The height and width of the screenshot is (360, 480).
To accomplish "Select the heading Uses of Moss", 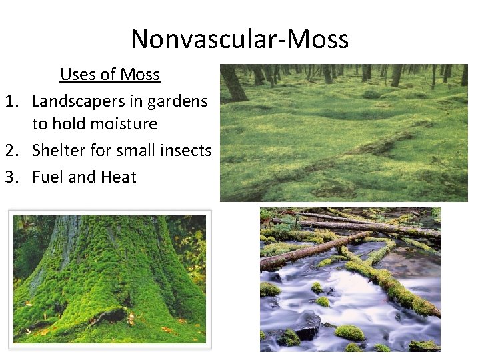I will pos(110,74).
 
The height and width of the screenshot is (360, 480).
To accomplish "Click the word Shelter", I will pos(59,151).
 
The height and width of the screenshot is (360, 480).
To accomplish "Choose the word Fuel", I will pos(47,177).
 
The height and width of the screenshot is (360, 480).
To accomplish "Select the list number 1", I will pos(11,101).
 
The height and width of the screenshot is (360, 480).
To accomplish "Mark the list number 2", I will pos(11,151).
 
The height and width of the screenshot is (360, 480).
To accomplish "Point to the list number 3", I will pos(11,177).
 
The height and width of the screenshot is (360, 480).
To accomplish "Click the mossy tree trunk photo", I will pos(110,279).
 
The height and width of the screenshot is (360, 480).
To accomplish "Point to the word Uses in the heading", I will pos(76,74).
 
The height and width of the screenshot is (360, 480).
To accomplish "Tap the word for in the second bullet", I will pos(101,151).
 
